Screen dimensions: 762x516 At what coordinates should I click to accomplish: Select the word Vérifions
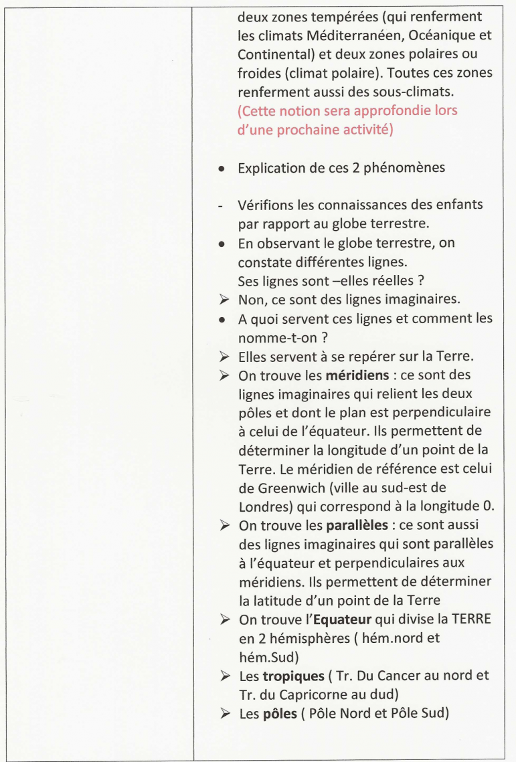[x=264, y=204]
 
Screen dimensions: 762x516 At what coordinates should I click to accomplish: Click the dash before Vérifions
[x=221, y=204]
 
